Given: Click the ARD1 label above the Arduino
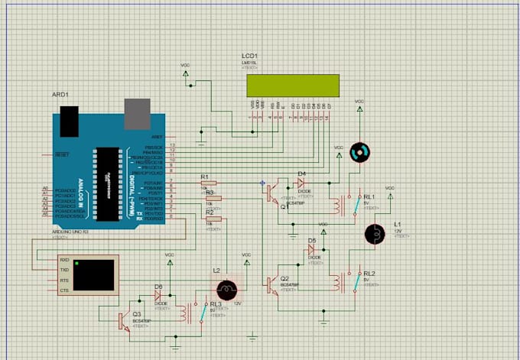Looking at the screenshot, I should coord(60,95).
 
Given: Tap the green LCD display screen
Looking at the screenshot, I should coord(292,84).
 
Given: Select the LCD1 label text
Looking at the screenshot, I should coord(249,57).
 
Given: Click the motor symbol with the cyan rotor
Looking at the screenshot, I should coord(358,152).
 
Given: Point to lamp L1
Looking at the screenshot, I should coord(375,234).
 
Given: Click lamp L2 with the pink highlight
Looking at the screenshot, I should coord(226,289).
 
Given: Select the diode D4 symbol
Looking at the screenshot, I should coord(301,183).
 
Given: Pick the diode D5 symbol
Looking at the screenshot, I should coord(312,249).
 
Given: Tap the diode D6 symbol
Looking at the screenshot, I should coord(159,295).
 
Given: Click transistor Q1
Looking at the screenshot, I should coord(273,194).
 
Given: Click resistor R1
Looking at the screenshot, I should coord(207,183).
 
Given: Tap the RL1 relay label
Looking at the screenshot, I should coord(369,197).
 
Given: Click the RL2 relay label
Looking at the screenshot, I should coord(369,273).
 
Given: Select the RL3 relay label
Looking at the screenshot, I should coord(216,304).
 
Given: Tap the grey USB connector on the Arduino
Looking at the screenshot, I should coord(137,112).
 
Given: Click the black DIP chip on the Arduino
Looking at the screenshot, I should coord(108,183).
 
